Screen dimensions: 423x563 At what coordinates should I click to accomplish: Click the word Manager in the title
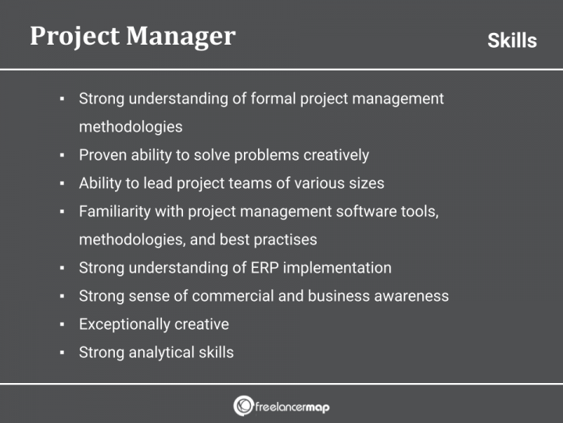click(182, 36)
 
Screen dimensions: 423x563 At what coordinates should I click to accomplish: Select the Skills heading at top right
click(512, 41)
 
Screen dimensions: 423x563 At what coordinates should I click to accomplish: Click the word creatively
click(334, 155)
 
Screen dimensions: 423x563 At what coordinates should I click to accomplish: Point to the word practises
click(285, 240)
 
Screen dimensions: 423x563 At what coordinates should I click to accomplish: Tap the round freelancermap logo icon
click(243, 406)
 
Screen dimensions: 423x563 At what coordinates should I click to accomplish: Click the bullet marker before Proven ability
click(62, 156)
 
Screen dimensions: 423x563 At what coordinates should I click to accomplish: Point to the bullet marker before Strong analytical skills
click(62, 353)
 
